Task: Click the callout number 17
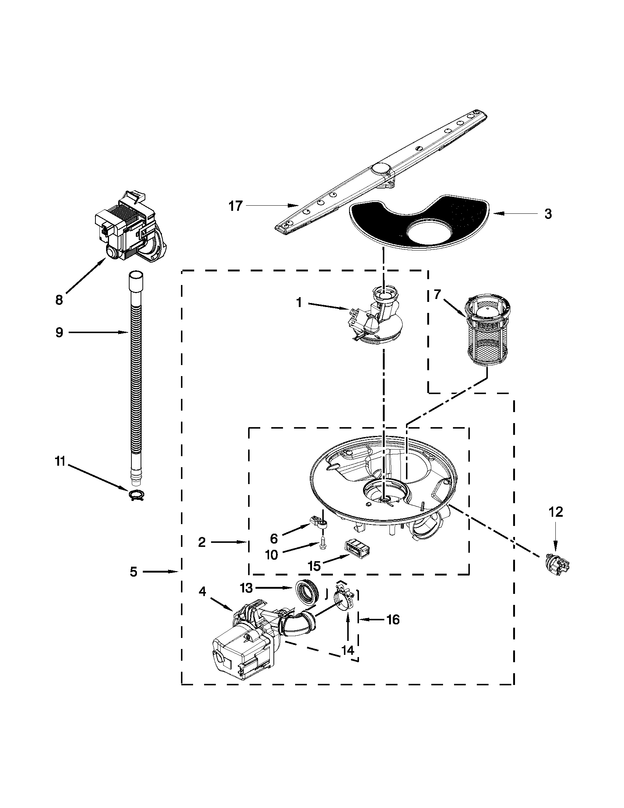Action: pyautogui.click(x=236, y=206)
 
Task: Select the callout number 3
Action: pyautogui.click(x=548, y=213)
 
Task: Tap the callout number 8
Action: pyautogui.click(x=59, y=300)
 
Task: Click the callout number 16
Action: pyautogui.click(x=394, y=619)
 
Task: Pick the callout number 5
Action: pyautogui.click(x=134, y=572)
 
